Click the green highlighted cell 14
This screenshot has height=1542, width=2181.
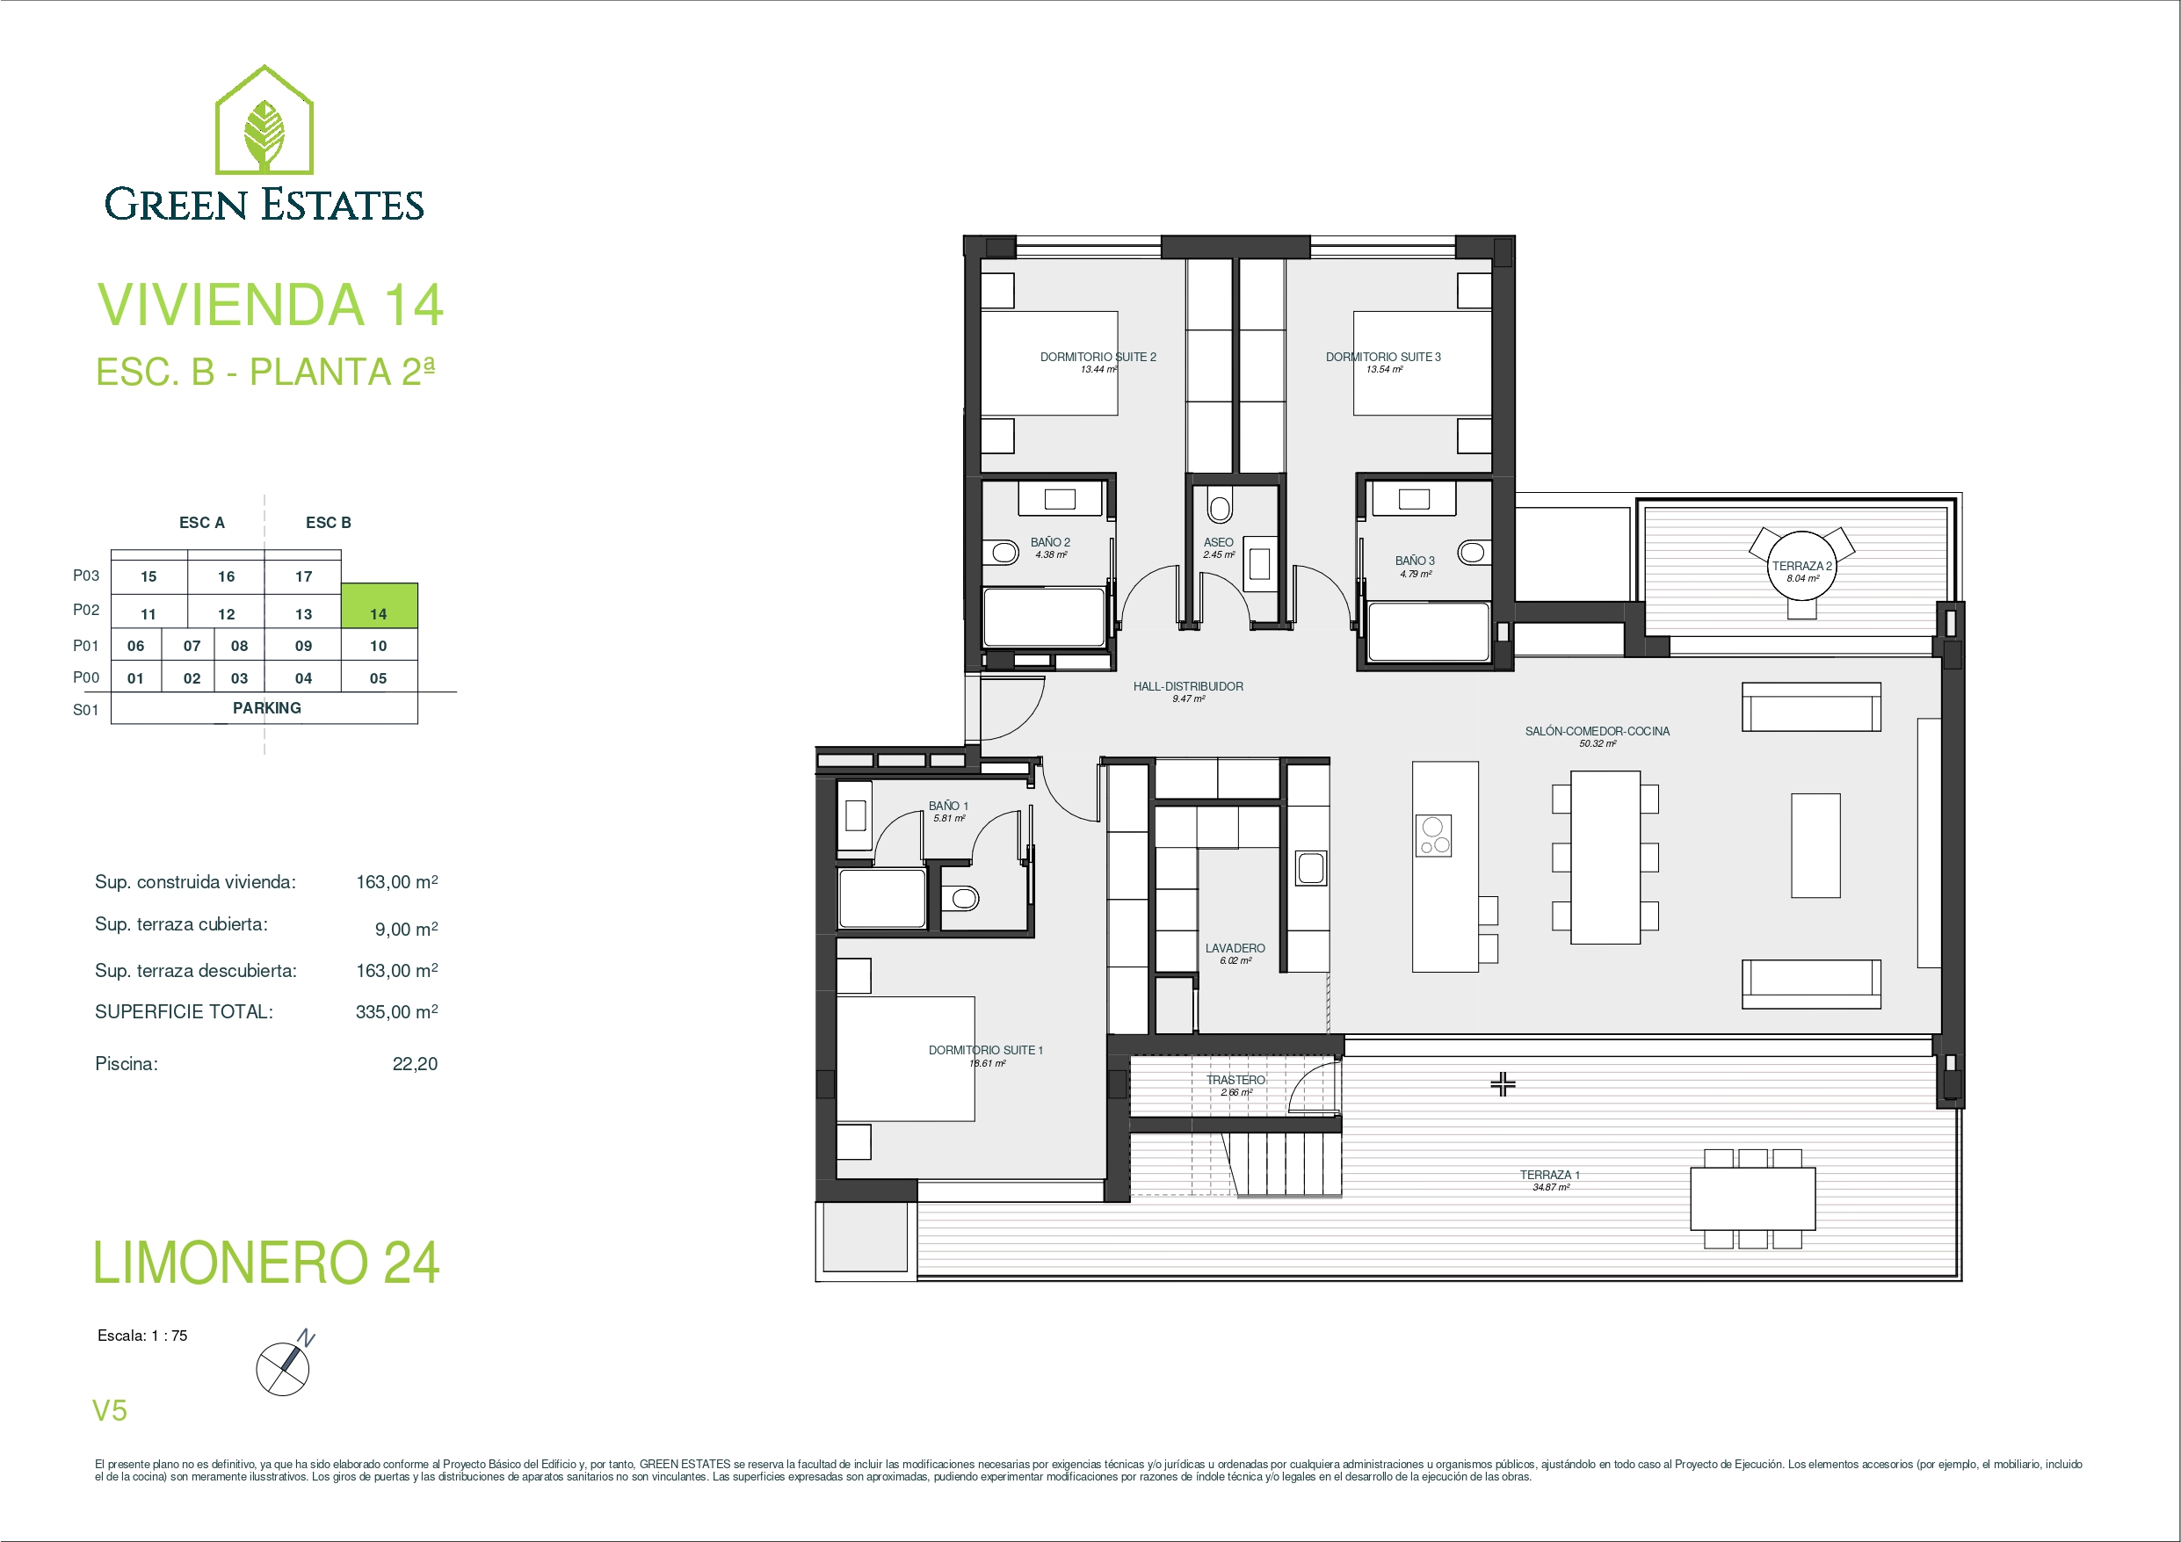pos(379,605)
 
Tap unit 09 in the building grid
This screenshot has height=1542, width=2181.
pos(303,645)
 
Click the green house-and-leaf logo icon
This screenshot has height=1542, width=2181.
pos(264,119)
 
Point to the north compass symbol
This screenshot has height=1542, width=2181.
pos(284,1366)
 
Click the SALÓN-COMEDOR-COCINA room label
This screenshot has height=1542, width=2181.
pos(1597,732)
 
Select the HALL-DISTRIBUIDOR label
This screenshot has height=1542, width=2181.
pos(1187,687)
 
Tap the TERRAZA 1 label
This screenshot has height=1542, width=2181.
pos(1549,1176)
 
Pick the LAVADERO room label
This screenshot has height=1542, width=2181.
pos(1235,948)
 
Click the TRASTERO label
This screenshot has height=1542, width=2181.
pos(1235,1080)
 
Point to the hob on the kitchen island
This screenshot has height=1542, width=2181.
pos(1433,836)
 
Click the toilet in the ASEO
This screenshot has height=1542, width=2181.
pos(1220,504)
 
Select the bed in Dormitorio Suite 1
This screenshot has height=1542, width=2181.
pos(905,1059)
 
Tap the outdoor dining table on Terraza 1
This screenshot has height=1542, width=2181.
pos(1752,1199)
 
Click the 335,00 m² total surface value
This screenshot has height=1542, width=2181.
pos(396,1012)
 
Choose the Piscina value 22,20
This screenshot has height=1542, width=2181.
pos(415,1064)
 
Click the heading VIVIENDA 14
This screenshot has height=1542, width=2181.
pos(271,305)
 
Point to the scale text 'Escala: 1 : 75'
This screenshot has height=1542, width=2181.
pos(142,1336)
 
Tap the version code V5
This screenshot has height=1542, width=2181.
pos(109,1411)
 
